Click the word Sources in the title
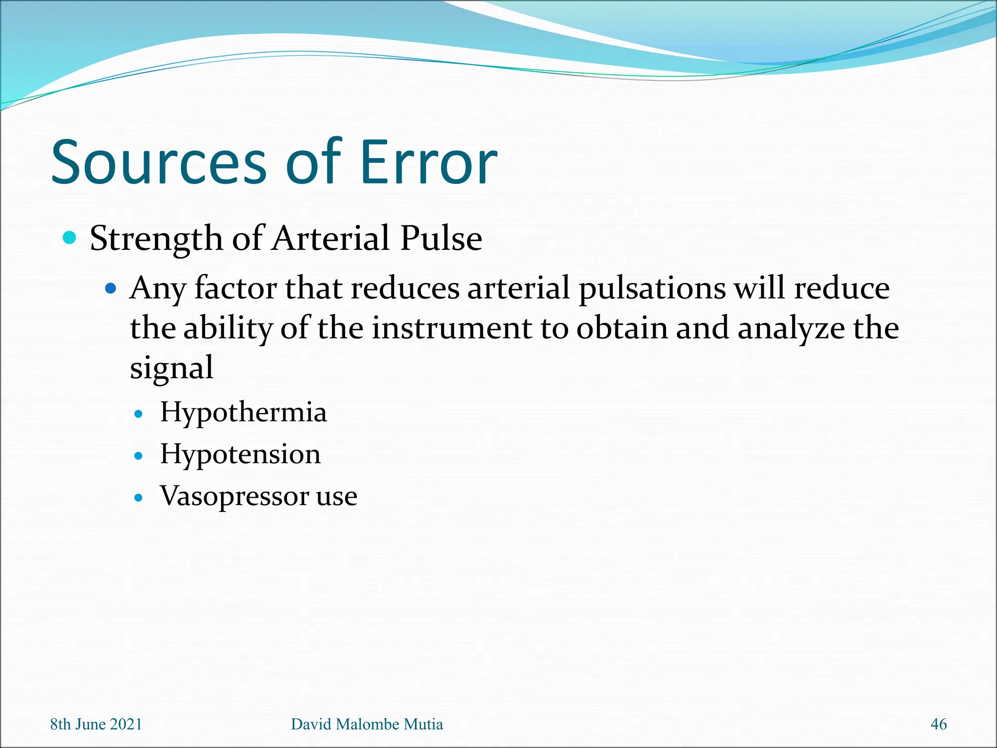coord(159,163)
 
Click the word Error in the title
coord(428,163)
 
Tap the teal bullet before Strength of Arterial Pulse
coord(70,238)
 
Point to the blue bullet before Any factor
coord(111,288)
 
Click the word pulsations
coord(652,288)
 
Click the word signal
coord(171,369)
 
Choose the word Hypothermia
coord(243,412)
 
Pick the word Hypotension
coord(240,454)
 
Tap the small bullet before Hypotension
coord(139,456)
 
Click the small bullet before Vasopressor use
coord(139,498)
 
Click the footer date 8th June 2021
coord(96,724)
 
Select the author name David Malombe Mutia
coord(367,724)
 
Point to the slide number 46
coord(938,724)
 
